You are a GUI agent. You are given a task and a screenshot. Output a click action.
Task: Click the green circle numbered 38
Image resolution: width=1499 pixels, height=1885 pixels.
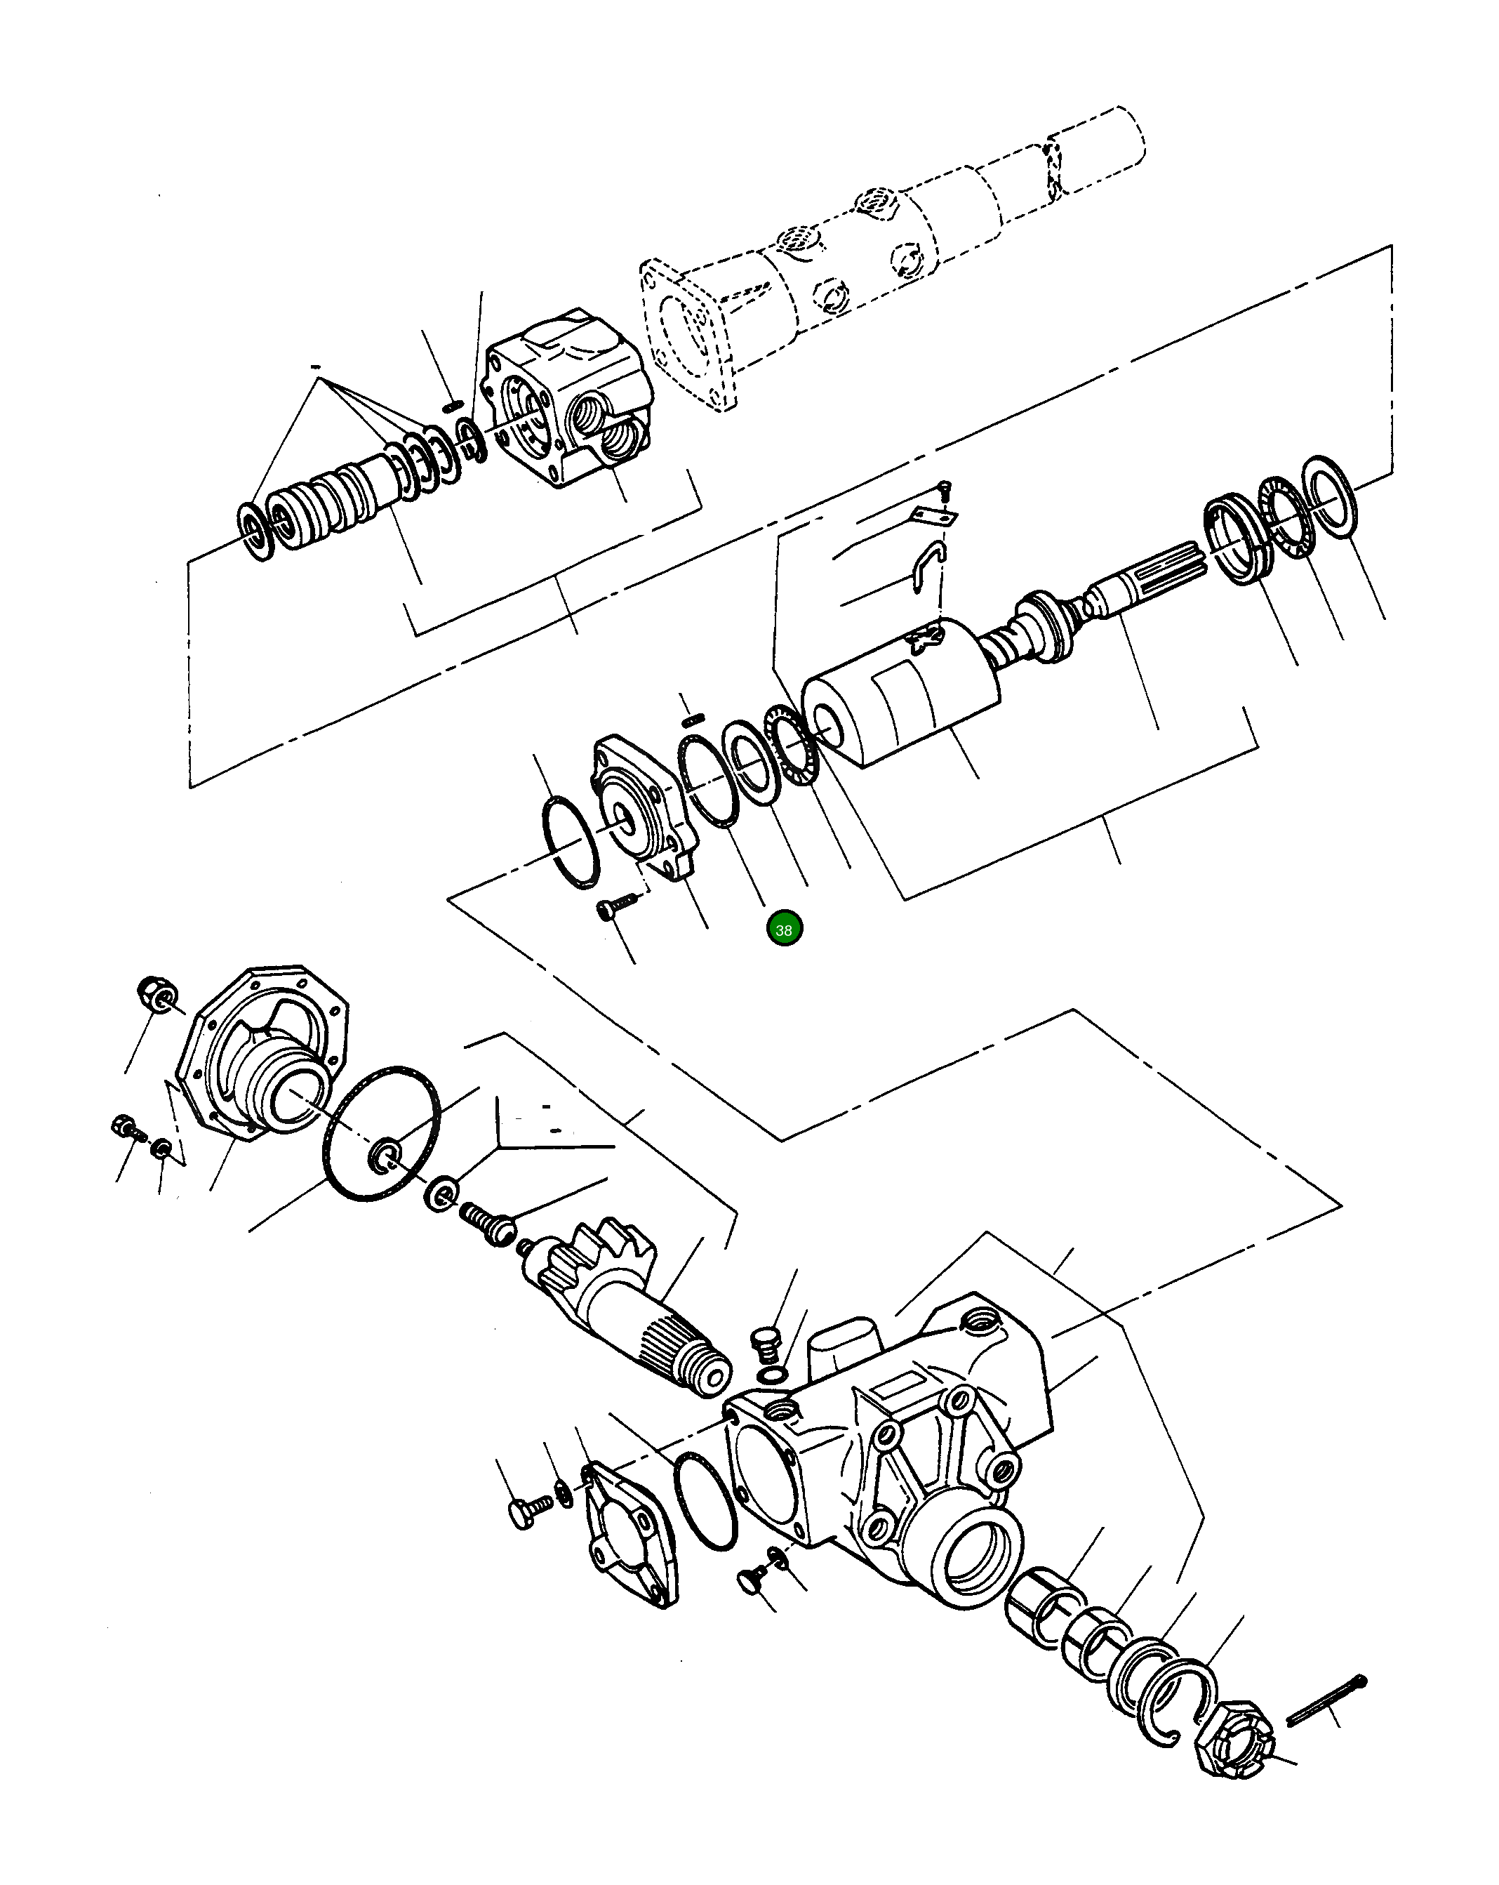(783, 930)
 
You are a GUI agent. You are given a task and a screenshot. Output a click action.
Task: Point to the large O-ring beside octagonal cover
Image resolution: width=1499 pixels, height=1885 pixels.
(382, 1133)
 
